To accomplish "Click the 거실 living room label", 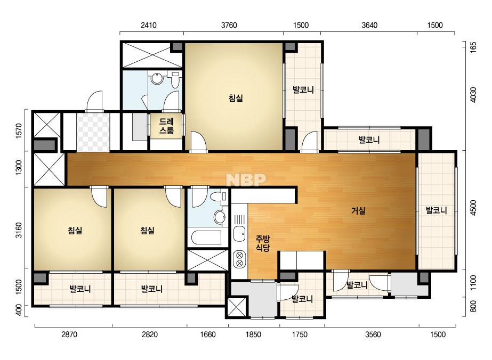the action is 358,211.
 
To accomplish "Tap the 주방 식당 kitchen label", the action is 263,244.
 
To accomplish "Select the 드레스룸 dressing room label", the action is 166,126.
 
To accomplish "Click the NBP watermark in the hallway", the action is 246,179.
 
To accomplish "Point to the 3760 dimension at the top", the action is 229,25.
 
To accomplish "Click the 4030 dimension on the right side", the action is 473,95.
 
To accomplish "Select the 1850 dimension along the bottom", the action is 253,334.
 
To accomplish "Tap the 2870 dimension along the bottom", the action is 69,334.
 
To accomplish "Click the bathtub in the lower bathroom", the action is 206,238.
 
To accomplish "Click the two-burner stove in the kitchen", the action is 239,259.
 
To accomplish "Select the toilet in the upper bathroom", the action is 174,78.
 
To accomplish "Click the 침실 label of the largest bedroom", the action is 236,99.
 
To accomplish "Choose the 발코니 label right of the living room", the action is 436,210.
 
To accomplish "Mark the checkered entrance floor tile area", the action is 93,132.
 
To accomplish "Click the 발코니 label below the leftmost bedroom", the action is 80,289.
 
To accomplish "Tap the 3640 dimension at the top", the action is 369,25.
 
